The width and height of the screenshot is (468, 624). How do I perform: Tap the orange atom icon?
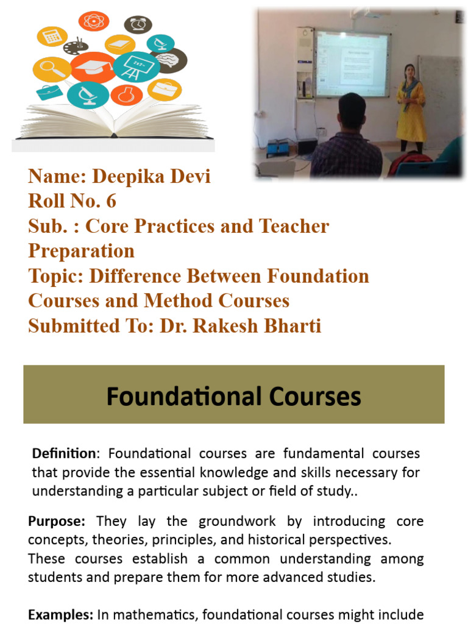(x=93, y=21)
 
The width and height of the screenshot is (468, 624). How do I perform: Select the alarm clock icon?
(x=138, y=24)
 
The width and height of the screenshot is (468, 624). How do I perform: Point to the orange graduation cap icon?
(x=92, y=66)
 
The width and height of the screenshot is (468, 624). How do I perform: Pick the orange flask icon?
(x=126, y=94)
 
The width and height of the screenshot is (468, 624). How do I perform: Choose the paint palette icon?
(x=76, y=47)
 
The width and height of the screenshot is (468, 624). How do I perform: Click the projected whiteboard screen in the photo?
(x=352, y=63)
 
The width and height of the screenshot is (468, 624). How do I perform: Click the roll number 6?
(x=110, y=201)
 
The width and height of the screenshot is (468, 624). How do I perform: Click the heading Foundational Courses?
(x=233, y=396)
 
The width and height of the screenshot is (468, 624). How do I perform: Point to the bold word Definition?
(x=63, y=454)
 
